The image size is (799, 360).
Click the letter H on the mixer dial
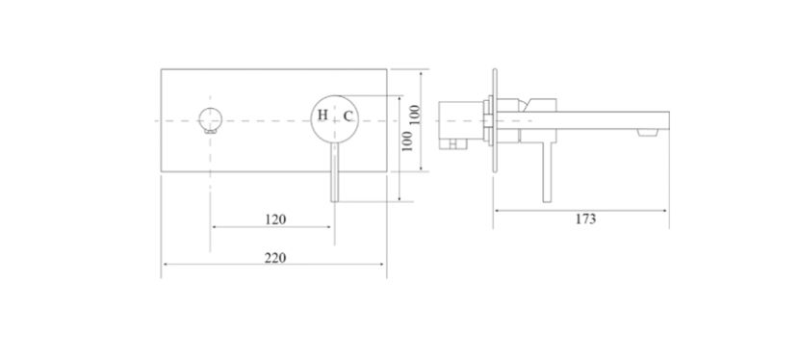pyautogui.click(x=322, y=116)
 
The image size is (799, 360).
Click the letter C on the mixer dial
pyautogui.click(x=348, y=116)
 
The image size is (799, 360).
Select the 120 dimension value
pyautogui.click(x=275, y=219)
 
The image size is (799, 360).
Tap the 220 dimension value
pyautogui.click(x=275, y=258)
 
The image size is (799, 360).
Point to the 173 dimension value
pyautogui.click(x=585, y=219)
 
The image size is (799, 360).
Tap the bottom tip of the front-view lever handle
pyautogui.click(x=334, y=201)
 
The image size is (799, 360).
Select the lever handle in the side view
pyautogui.click(x=547, y=171)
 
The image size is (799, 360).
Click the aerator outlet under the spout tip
pyautogui.click(x=647, y=133)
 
